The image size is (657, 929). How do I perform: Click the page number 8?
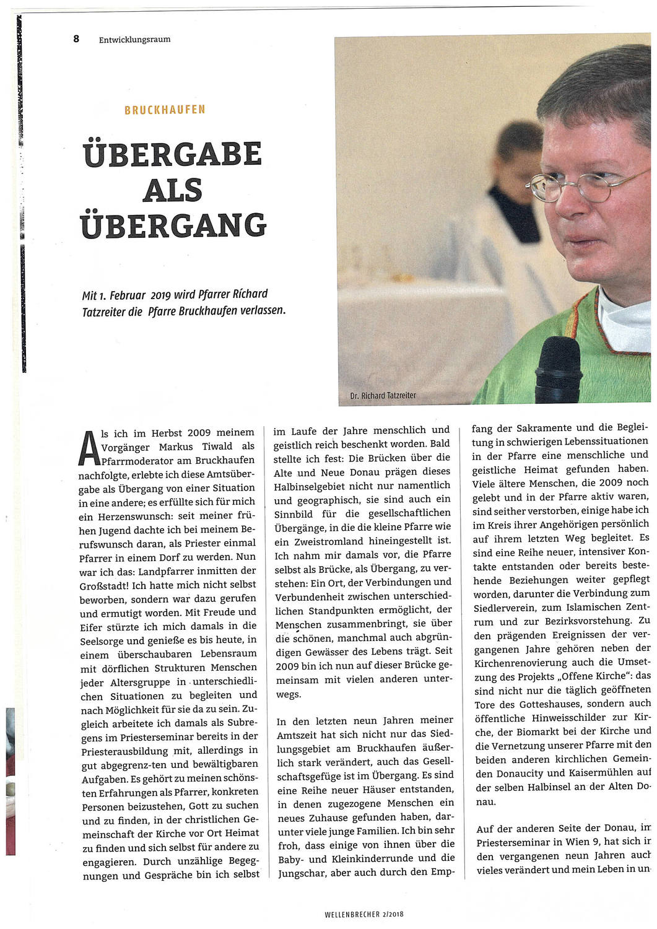(76, 38)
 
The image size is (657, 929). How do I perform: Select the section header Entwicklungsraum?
(134, 40)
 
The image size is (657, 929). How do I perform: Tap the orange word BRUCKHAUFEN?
(165, 110)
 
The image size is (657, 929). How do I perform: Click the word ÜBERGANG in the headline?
(174, 225)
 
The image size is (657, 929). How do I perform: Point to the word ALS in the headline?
(173, 190)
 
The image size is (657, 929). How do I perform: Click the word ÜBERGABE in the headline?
(173, 154)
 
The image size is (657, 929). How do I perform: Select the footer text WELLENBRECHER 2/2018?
(363, 914)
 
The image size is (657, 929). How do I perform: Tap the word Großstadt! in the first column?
(104, 584)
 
